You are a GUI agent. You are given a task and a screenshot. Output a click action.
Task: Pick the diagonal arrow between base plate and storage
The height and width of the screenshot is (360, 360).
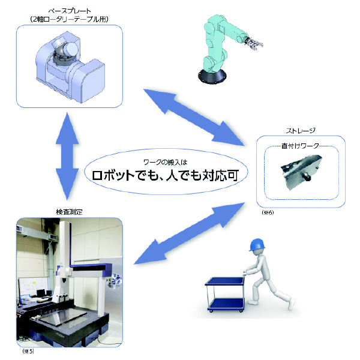(x=196, y=117)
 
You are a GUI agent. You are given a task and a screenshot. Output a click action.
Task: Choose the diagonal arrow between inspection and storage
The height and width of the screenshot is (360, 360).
(x=190, y=233)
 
